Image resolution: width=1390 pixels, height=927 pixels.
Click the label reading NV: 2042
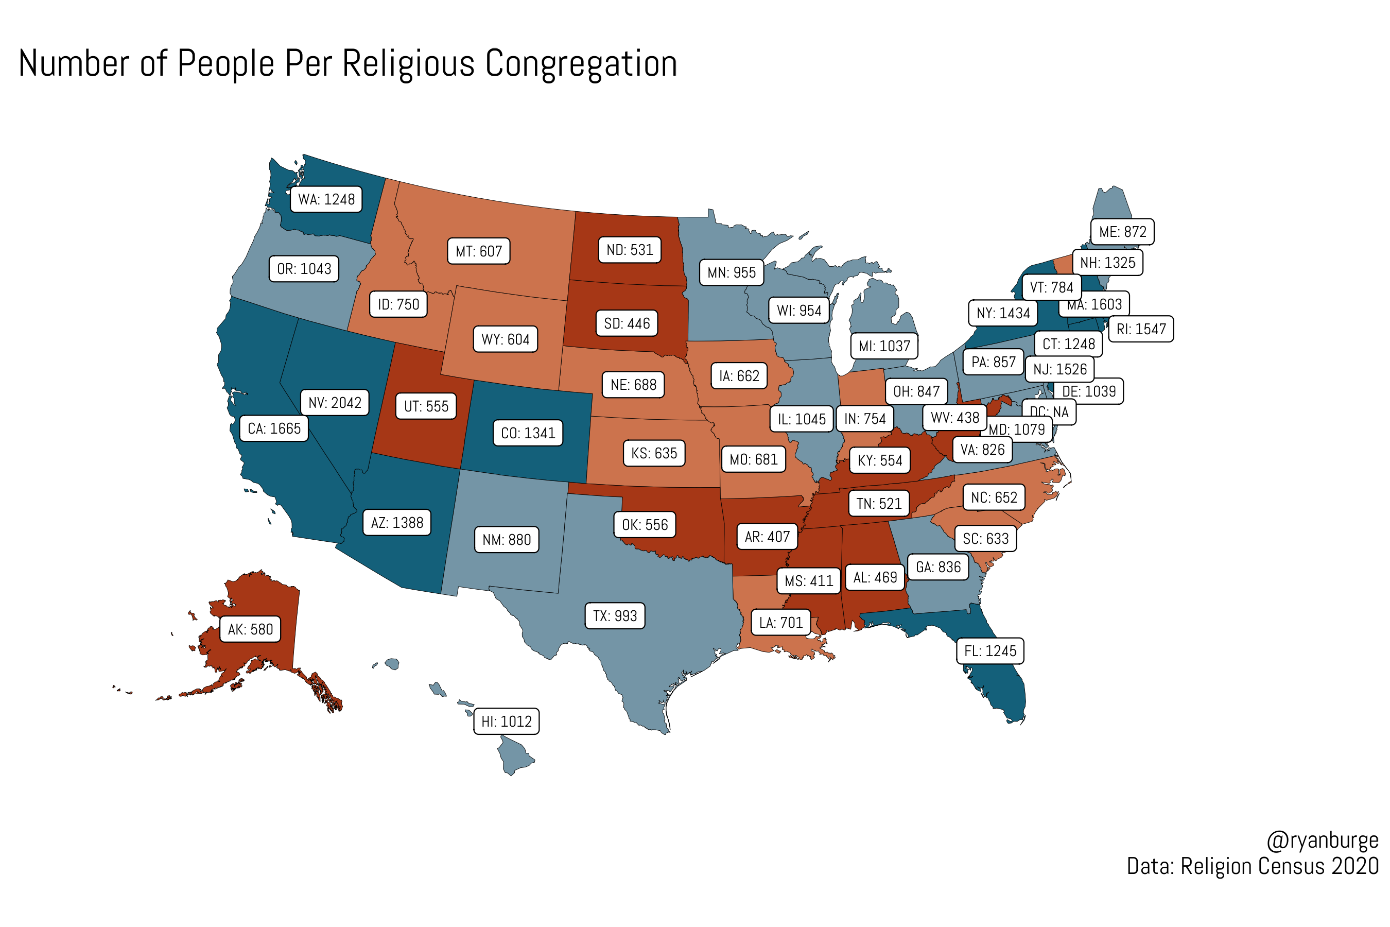pos(335,403)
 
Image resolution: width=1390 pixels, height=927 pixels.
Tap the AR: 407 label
pos(767,537)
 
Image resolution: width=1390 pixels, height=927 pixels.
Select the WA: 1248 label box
pos(326,199)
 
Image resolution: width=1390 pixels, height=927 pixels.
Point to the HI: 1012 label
pos(507,722)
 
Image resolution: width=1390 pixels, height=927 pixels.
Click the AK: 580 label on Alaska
pos(251,629)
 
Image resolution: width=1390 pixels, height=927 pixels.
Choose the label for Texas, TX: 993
pos(615,615)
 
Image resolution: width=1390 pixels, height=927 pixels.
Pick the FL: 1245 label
pos(990,651)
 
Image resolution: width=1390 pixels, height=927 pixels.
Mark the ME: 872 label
pos(1122,232)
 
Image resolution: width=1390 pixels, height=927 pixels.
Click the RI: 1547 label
pos(1141,329)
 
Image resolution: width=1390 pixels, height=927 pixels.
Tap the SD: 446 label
pos(627,323)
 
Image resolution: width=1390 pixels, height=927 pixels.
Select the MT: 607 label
pos(479,251)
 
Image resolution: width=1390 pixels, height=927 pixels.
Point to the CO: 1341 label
pos(528,433)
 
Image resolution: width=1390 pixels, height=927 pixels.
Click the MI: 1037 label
pos(884,346)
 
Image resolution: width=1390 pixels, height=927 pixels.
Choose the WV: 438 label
pos(954,417)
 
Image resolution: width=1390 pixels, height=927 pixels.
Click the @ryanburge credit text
pos(1322,840)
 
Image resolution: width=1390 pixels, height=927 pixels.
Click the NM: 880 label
pos(507,540)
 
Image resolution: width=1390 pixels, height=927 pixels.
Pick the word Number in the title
pos(74,64)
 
